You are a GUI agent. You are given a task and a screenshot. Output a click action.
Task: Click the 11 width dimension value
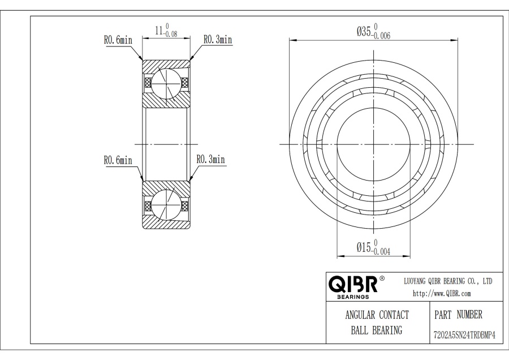[159, 31]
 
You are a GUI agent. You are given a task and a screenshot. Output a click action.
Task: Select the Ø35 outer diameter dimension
[364, 32]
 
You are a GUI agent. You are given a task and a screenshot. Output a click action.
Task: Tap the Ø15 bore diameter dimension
[364, 247]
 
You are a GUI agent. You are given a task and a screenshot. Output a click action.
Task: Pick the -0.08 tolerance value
[170, 34]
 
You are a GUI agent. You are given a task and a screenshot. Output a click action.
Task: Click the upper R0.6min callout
[118, 40]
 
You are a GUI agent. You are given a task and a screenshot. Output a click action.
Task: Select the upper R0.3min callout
[218, 40]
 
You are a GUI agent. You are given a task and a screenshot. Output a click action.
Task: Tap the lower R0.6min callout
[118, 160]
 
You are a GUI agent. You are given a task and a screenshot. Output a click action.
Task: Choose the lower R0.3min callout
[211, 159]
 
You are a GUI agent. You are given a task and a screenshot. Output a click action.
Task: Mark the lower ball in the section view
[166, 205]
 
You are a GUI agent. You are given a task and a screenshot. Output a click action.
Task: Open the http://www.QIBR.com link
[442, 293]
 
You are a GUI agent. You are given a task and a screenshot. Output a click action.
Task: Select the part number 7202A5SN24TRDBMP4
[464, 335]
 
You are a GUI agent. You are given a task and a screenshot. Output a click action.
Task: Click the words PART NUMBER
[458, 315]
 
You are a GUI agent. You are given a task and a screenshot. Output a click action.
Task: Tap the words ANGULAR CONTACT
[377, 315]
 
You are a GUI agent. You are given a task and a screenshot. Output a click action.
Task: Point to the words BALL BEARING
[377, 331]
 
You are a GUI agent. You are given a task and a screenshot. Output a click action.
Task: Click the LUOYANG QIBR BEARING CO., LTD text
[448, 281]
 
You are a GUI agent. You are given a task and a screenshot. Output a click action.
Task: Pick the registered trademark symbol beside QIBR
[382, 278]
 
